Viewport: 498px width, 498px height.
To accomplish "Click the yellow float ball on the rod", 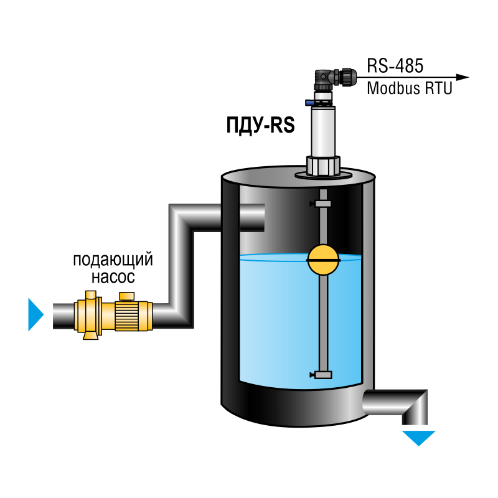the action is [x=323, y=260].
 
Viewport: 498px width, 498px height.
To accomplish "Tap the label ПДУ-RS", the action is [x=260, y=125].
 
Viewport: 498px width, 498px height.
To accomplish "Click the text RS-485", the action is [x=395, y=66].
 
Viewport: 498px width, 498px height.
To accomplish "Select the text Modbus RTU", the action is [x=410, y=88].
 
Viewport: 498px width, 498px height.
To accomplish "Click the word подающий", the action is [x=113, y=260].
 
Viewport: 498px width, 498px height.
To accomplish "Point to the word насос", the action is [x=113, y=277].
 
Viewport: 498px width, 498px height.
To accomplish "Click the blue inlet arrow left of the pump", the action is [x=35, y=314].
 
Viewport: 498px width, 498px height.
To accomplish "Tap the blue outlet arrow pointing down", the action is [x=418, y=438].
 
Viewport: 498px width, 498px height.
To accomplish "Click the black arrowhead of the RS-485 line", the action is [x=462, y=77].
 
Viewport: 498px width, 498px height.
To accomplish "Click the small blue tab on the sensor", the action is [x=309, y=102].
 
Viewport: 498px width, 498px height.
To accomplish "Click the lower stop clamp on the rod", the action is [x=321, y=375].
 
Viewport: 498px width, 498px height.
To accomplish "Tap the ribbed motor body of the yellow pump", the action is [x=127, y=316].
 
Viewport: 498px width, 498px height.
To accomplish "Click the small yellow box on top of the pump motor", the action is [x=127, y=296].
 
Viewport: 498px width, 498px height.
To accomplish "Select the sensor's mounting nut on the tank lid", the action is [x=323, y=166].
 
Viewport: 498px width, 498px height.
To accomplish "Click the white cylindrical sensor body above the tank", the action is [x=323, y=131].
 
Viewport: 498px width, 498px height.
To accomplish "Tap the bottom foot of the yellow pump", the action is [x=90, y=336].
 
